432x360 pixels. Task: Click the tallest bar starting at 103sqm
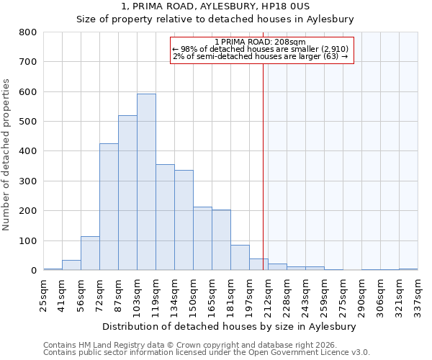coord(146,182)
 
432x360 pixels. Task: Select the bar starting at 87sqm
coord(127,193)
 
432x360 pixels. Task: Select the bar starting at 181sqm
coord(240,258)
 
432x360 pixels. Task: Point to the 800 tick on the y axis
coord(27,32)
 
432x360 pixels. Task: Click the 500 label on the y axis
coord(27,122)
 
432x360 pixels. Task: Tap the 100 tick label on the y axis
coord(27,241)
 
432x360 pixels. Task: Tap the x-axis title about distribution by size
coord(229,326)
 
